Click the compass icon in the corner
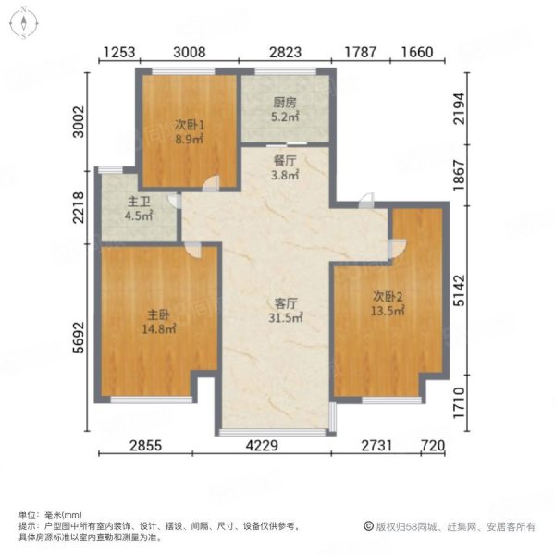[23, 23]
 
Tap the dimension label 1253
[119, 52]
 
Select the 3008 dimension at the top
[190, 52]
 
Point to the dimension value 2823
[285, 52]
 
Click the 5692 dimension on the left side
[79, 338]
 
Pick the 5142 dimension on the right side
[460, 290]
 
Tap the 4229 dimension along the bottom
[262, 445]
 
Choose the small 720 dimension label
[433, 445]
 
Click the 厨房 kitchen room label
[285, 103]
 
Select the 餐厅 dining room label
[285, 161]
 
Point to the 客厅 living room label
[286, 303]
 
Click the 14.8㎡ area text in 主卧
[159, 329]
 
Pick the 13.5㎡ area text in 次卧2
[388, 311]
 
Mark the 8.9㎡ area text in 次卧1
[190, 140]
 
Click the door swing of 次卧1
[211, 183]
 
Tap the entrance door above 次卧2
[366, 201]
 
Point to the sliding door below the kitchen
[287, 144]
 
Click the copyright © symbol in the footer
[369, 526]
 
